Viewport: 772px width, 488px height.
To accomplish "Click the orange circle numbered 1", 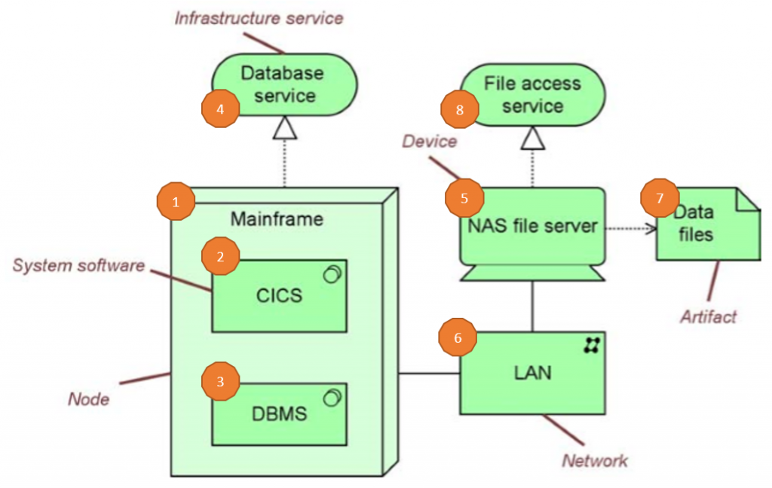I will (176, 201).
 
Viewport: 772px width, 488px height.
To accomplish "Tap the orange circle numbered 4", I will (220, 109).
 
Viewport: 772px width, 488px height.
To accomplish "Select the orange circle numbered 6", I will (458, 338).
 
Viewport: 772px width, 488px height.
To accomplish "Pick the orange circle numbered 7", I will (660, 199).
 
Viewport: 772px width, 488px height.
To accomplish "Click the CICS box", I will (279, 296).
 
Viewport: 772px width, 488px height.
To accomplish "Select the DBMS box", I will (279, 413).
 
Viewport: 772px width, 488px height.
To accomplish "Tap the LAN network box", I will (532, 372).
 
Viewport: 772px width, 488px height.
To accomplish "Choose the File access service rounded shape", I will (533, 94).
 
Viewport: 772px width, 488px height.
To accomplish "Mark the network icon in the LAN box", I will (592, 346).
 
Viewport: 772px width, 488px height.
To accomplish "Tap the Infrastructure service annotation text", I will (259, 17).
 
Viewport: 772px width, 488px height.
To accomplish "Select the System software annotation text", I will (78, 265).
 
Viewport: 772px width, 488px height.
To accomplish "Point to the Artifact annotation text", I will (708, 316).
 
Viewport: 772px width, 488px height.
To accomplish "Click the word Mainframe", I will (277, 219).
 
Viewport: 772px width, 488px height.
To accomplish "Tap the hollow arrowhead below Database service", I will (284, 130).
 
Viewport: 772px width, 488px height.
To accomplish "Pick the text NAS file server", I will (533, 224).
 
